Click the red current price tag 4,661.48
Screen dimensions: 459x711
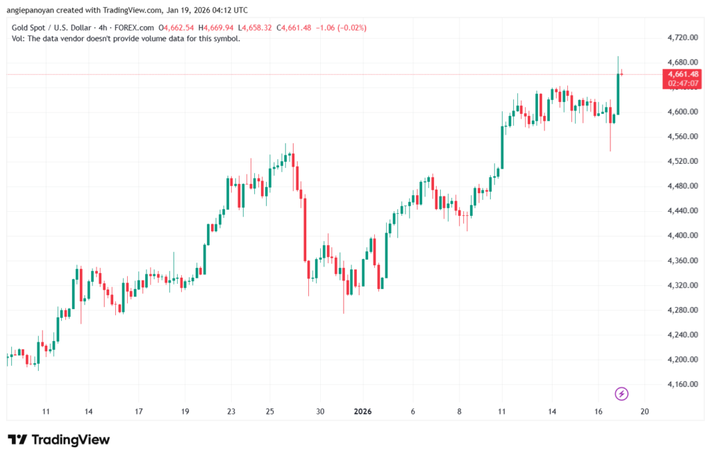click(x=683, y=74)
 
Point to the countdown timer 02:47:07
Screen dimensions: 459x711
click(x=683, y=83)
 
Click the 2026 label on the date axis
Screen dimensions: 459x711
click(x=362, y=411)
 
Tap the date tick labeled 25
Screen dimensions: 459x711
click(x=270, y=411)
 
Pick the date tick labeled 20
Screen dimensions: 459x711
click(x=644, y=411)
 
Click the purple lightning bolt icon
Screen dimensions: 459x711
click(x=622, y=394)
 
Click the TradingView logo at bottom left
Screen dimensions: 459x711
click(x=59, y=440)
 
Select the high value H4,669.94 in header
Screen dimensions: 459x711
click(x=218, y=28)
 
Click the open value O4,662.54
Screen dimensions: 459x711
click(x=178, y=28)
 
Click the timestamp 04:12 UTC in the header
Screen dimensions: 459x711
click(x=229, y=10)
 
